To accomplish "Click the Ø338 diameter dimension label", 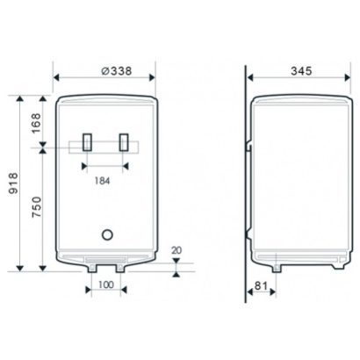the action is pos(117,71).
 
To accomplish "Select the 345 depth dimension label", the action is pos(301,71).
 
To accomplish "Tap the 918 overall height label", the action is pos(13,184).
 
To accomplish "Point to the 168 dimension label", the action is pos(37,123).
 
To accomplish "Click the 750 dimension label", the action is pos(37,207).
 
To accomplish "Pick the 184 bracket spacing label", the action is pos(102,181).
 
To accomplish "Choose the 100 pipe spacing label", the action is pos(106,284).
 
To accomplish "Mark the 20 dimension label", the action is pos(176,250).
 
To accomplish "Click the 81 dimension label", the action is pos(261,285).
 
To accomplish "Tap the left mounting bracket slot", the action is pos(87,142).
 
